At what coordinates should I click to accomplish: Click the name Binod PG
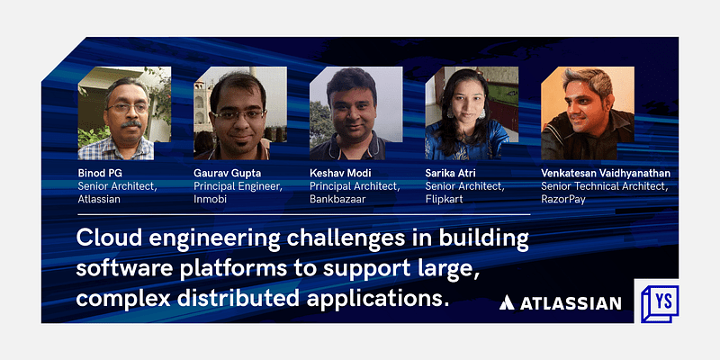(x=104, y=173)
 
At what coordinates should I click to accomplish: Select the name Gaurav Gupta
(x=228, y=173)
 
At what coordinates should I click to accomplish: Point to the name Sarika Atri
(x=454, y=173)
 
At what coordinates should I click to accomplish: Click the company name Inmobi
(x=211, y=199)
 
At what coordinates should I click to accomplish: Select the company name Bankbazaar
(x=339, y=199)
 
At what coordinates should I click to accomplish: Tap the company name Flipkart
(x=444, y=199)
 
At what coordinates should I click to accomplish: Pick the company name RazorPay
(x=563, y=199)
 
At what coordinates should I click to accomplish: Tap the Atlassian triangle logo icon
(x=508, y=303)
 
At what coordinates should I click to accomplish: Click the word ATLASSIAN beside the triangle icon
(x=571, y=303)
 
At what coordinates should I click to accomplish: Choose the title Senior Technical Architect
(x=604, y=186)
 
